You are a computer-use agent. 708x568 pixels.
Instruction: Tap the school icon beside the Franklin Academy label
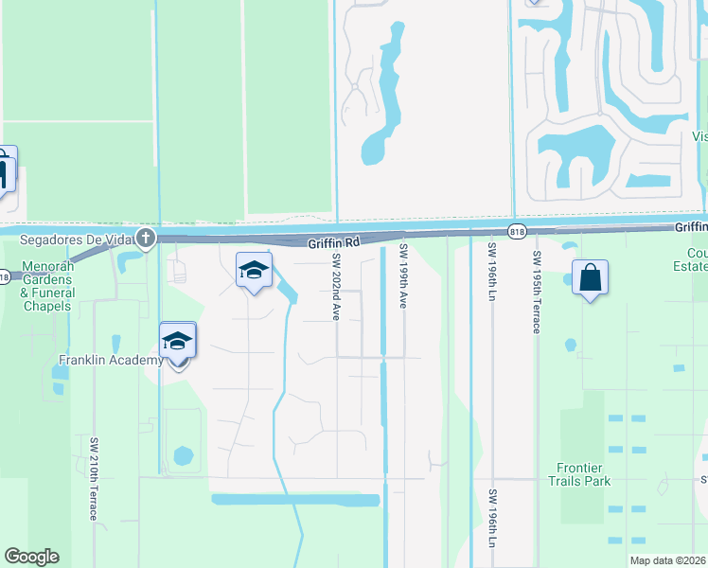(177, 342)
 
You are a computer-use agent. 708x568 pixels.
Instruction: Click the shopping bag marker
(590, 278)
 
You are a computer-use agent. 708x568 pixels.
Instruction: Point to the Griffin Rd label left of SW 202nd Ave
(334, 243)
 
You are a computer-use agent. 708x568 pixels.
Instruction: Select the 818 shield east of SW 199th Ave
(516, 231)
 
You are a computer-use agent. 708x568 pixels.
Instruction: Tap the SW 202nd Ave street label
(335, 287)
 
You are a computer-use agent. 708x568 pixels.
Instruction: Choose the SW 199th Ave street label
(402, 275)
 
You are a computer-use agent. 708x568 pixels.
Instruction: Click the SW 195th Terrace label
(536, 292)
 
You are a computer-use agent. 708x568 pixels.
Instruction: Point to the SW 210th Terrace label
(95, 478)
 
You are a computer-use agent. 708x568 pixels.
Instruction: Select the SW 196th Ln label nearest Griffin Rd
(491, 274)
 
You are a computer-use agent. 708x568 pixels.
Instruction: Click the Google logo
(31, 557)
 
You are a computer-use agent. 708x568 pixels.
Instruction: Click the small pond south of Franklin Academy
(184, 456)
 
